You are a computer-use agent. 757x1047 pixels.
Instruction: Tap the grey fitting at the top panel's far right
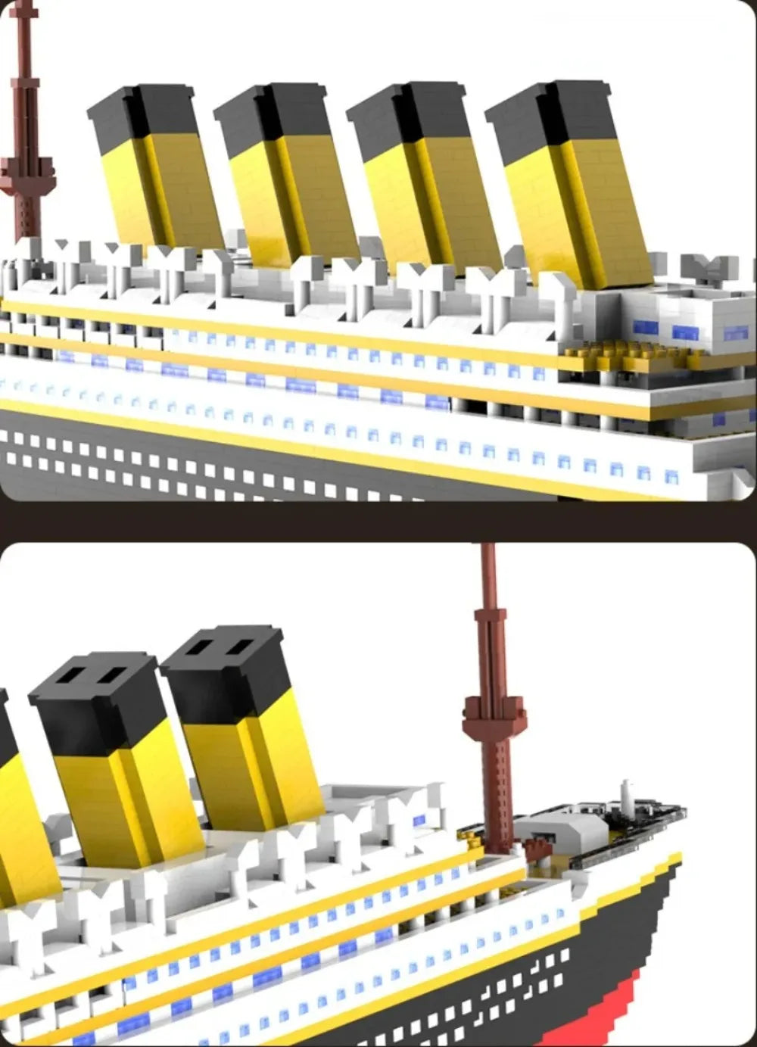click(709, 267)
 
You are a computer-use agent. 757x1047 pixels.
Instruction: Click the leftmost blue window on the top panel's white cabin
click(645, 327)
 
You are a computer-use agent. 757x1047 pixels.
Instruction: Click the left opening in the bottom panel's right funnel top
click(201, 648)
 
